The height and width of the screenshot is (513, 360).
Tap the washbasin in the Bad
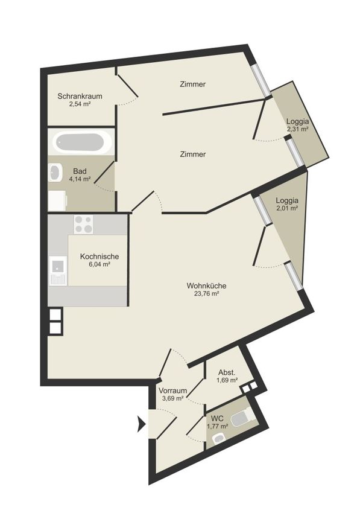click(x=55, y=173)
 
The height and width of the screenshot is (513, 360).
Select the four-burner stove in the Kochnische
click(x=83, y=224)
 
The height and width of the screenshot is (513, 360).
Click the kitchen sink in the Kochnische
click(x=58, y=270)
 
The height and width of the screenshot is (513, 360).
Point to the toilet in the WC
click(x=242, y=418)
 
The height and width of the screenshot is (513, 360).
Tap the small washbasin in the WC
click(x=219, y=438)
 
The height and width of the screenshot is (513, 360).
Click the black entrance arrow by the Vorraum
click(x=141, y=424)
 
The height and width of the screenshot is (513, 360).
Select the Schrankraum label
click(x=80, y=96)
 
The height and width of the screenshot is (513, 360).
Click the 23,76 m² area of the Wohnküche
click(x=206, y=293)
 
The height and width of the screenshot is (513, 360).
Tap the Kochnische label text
click(x=99, y=256)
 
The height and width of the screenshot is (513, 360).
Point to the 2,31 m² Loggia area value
click(x=297, y=129)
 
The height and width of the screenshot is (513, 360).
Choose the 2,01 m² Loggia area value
click(x=287, y=208)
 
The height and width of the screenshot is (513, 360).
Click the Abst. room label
click(x=227, y=372)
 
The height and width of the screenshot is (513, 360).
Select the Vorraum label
click(x=172, y=390)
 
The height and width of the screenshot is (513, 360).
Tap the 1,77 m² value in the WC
click(x=218, y=426)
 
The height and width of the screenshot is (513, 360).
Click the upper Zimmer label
click(x=192, y=84)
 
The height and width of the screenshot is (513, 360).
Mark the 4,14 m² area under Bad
click(x=80, y=179)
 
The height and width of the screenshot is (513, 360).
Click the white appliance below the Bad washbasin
click(x=57, y=201)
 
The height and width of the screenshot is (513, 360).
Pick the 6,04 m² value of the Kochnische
click(x=99, y=264)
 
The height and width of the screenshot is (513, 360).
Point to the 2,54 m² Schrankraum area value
click(x=80, y=104)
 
